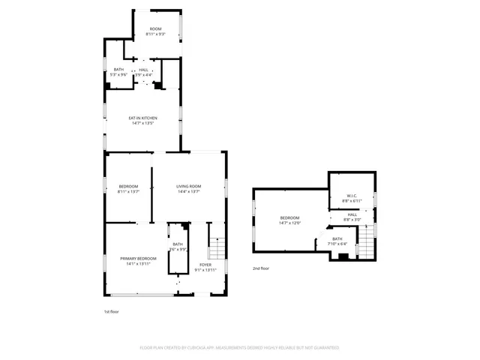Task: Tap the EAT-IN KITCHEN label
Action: pos(142,118)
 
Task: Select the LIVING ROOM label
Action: pos(189,186)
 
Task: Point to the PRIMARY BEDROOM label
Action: pos(138,258)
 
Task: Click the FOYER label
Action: pos(205,265)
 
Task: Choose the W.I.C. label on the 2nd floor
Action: pos(352,196)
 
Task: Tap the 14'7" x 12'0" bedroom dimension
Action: pos(289,223)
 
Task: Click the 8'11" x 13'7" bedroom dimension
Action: pos(128,191)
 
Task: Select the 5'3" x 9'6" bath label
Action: pos(118,75)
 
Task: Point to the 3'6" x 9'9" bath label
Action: pos(178,249)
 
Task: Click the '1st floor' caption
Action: pos(111,311)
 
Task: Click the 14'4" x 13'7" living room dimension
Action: pos(189,191)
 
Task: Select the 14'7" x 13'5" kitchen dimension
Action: pos(142,123)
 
